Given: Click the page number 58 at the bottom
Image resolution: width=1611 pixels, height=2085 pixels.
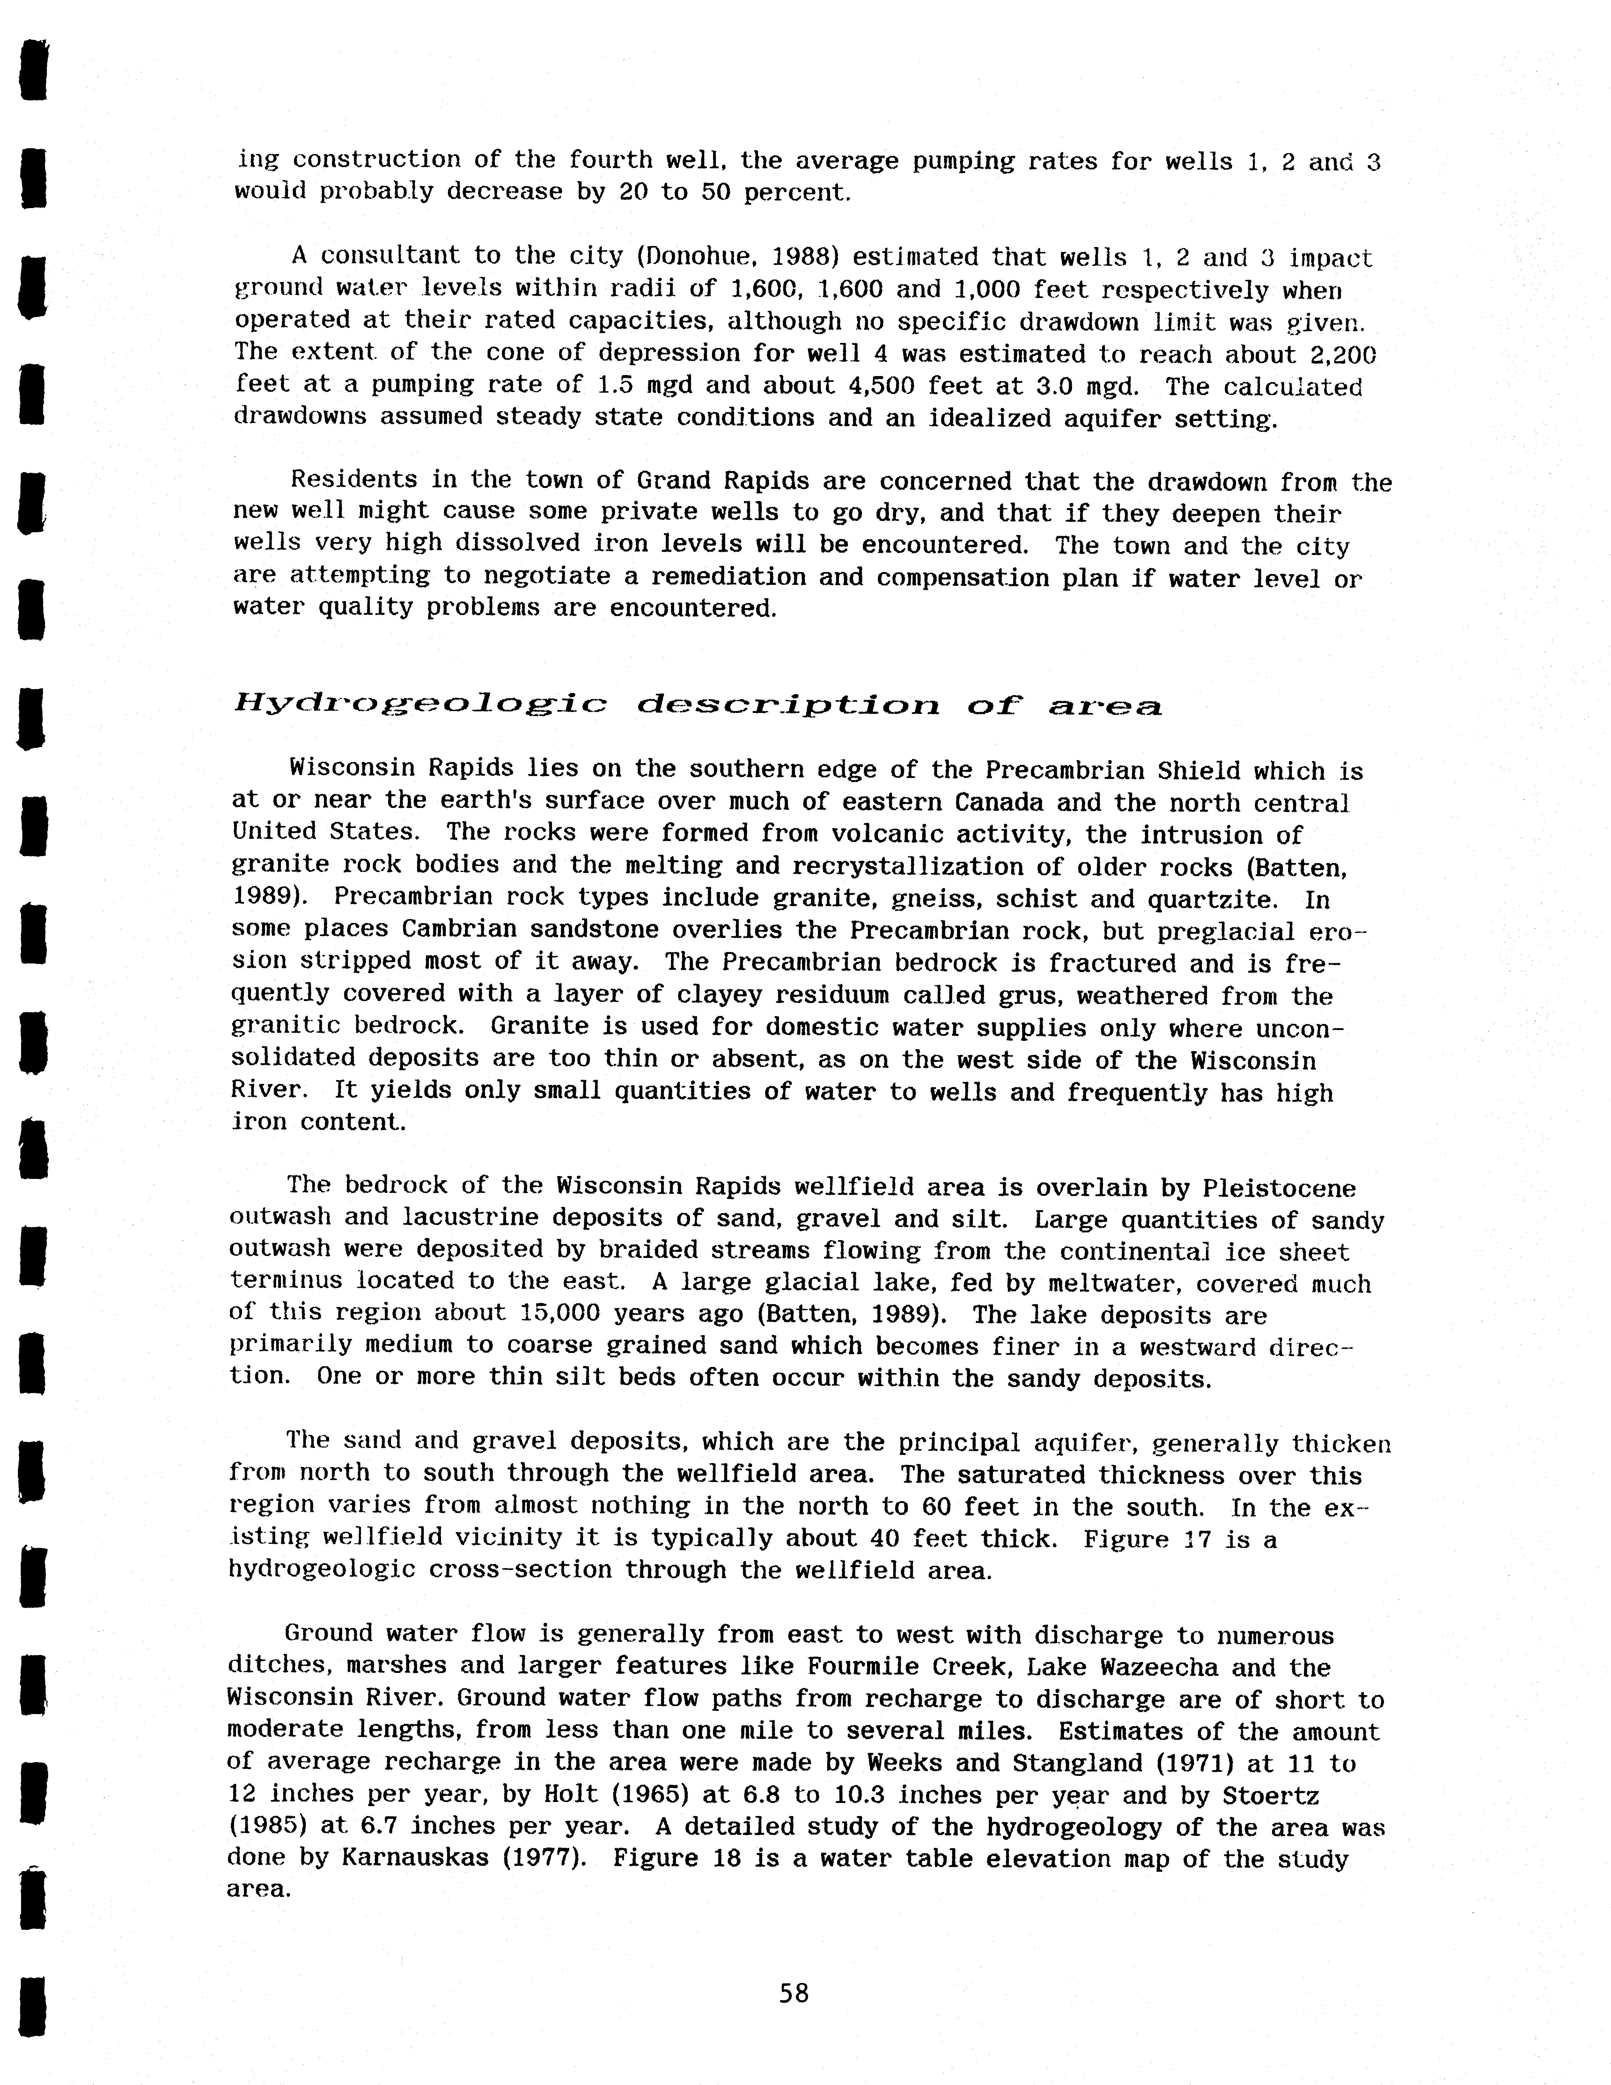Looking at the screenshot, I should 794,1992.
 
